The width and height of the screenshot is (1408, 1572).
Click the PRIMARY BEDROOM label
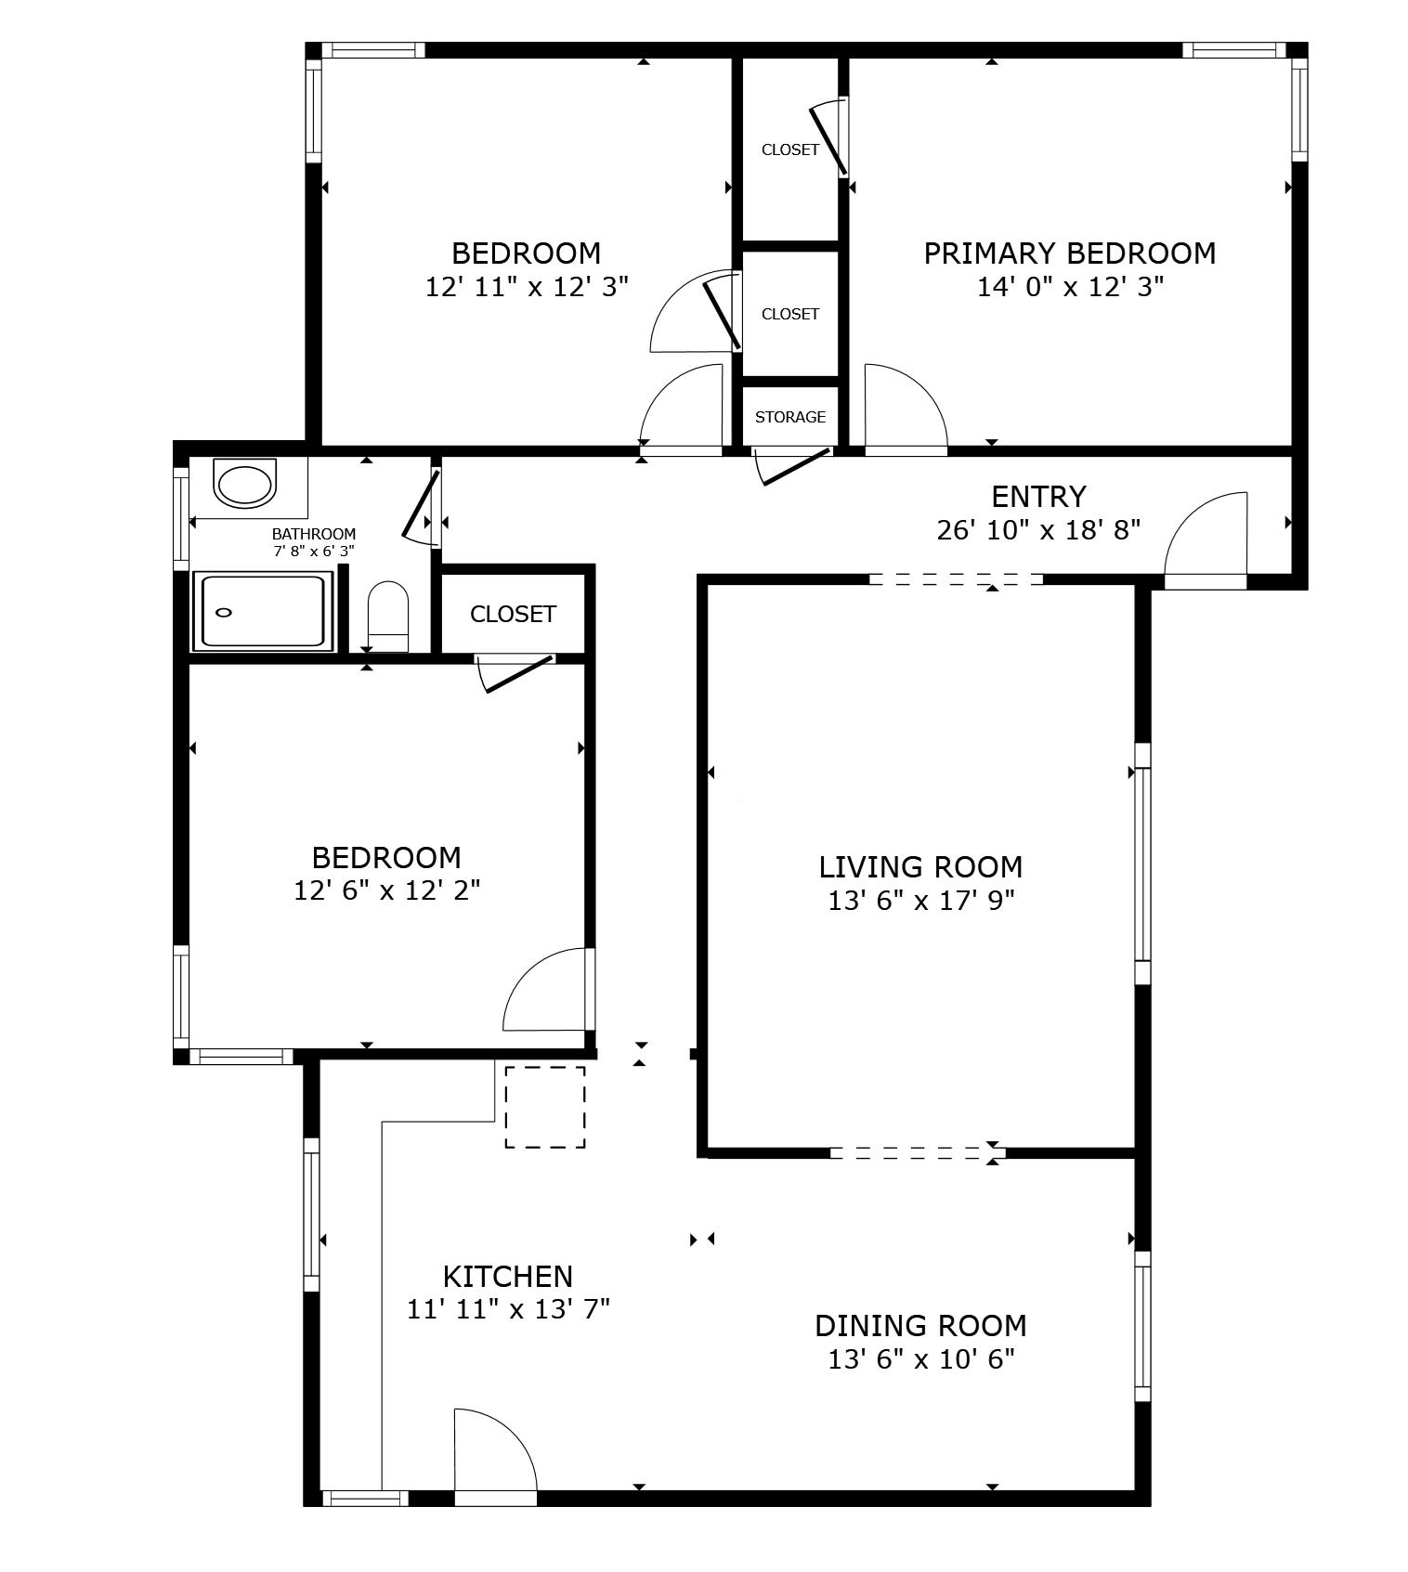(x=1069, y=253)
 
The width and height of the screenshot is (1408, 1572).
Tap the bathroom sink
(x=244, y=484)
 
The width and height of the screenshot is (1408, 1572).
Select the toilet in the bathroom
(x=388, y=615)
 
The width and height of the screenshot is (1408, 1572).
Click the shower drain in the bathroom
(x=224, y=612)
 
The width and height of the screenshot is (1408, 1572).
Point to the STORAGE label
(x=789, y=417)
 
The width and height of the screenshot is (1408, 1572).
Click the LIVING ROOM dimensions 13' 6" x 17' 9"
(x=920, y=900)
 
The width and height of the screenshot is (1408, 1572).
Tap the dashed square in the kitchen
(x=545, y=1107)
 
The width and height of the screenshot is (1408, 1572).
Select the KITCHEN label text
(x=507, y=1276)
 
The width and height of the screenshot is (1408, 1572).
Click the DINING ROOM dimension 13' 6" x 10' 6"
(x=920, y=1359)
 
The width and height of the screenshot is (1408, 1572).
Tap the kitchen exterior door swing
(x=492, y=1453)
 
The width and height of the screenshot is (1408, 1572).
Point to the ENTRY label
(x=1038, y=497)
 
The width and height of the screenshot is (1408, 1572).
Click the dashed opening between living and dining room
(x=917, y=1153)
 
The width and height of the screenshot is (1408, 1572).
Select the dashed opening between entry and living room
(x=956, y=579)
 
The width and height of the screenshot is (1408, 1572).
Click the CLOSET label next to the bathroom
(x=513, y=614)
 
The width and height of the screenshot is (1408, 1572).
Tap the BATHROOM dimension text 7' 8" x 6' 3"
(x=314, y=551)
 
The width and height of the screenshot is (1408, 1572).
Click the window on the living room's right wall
(x=1142, y=864)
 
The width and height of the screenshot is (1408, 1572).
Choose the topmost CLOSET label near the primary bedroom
(x=789, y=149)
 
